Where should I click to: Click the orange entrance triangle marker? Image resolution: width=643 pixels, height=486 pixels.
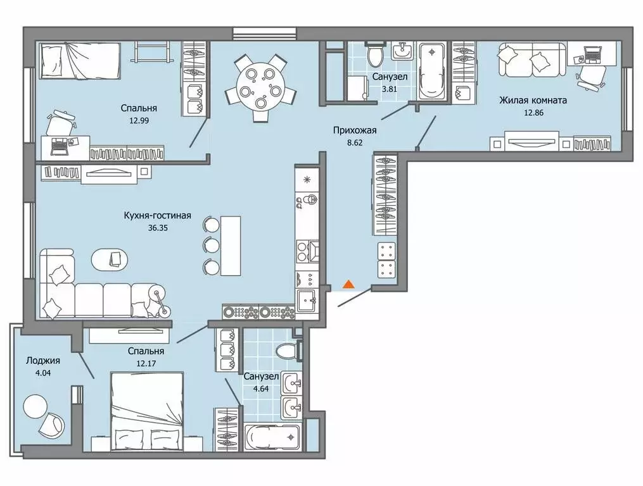pyautogui.click(x=348, y=284)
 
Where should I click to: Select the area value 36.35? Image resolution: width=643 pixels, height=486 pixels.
pyautogui.click(x=158, y=228)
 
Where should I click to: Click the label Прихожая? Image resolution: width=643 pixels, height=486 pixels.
pyautogui.click(x=355, y=130)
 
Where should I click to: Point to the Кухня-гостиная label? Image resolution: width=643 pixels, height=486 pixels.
pyautogui.click(x=158, y=216)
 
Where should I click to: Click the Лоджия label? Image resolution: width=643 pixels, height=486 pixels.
pyautogui.click(x=42, y=361)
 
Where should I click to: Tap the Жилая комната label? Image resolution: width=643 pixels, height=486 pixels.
pyautogui.click(x=533, y=100)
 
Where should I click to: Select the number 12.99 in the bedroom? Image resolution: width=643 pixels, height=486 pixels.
pyautogui.click(x=139, y=120)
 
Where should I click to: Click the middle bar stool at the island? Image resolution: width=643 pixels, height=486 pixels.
pyautogui.click(x=211, y=246)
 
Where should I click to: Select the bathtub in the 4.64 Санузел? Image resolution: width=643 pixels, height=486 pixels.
pyautogui.click(x=272, y=438)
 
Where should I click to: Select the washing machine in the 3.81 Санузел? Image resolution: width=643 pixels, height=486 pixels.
pyautogui.click(x=357, y=87)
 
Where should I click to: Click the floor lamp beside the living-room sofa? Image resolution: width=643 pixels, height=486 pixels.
pyautogui.click(x=160, y=302)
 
